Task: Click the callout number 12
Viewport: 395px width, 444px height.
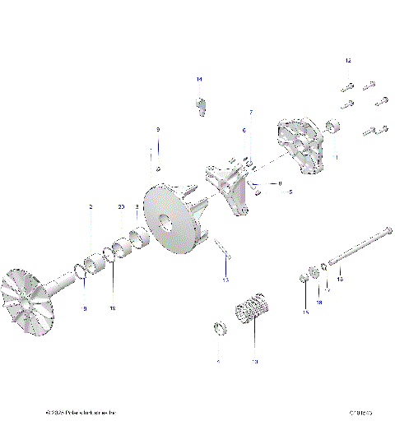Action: point(347,62)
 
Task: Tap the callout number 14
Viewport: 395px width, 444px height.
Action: point(198,78)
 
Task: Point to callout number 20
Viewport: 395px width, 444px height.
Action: point(121,207)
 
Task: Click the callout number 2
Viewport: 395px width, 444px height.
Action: point(91,207)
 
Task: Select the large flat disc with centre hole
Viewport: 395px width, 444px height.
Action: point(173,220)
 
